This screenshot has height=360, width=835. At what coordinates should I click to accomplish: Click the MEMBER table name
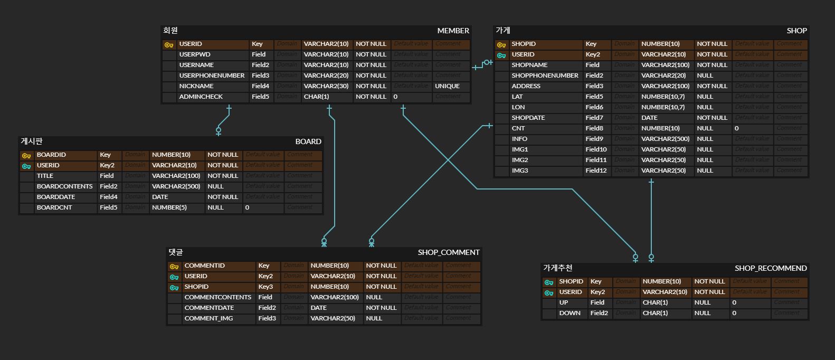453,31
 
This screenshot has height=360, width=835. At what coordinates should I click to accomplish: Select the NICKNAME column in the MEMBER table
196,86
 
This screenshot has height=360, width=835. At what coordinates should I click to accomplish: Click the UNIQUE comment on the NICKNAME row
447,86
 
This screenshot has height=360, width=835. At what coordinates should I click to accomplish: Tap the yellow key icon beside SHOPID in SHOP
501,44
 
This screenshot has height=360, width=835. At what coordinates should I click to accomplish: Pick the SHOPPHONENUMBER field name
545,75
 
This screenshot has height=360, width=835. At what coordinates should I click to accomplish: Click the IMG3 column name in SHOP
520,170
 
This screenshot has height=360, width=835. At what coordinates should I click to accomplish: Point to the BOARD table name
308,141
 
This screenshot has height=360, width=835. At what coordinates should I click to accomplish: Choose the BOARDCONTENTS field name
64,186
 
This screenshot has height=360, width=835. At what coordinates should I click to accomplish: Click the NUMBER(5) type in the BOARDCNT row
169,207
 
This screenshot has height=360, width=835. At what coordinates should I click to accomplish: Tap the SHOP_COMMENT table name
449,252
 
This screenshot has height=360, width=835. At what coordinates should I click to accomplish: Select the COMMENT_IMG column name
208,318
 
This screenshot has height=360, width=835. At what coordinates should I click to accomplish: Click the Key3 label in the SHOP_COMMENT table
265,287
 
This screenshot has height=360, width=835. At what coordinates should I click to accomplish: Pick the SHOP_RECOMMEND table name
771,268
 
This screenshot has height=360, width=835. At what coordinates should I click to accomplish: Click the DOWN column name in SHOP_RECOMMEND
570,313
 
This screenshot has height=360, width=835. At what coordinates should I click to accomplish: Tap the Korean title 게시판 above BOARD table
32,141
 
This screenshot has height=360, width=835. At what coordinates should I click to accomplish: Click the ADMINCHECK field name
201,97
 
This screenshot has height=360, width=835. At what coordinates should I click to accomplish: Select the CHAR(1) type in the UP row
655,302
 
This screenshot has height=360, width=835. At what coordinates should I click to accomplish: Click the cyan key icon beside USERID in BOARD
26,166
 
